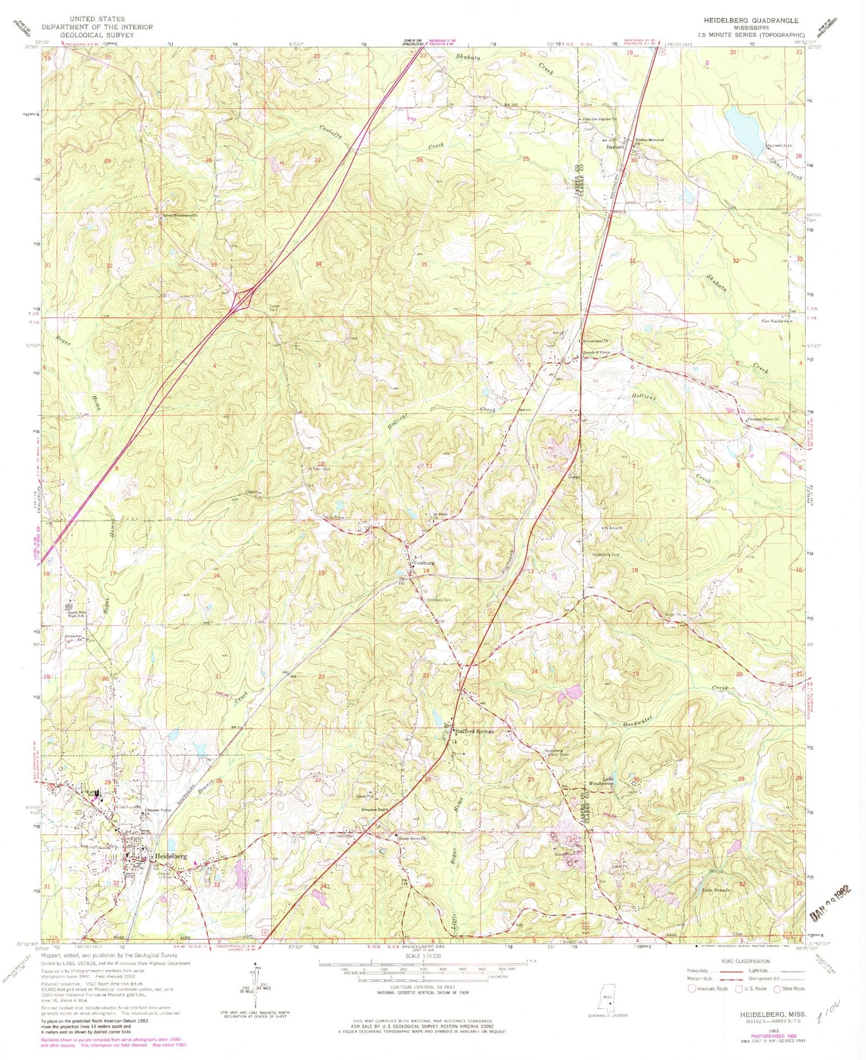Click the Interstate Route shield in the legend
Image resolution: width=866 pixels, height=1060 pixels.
pos(691,988)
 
